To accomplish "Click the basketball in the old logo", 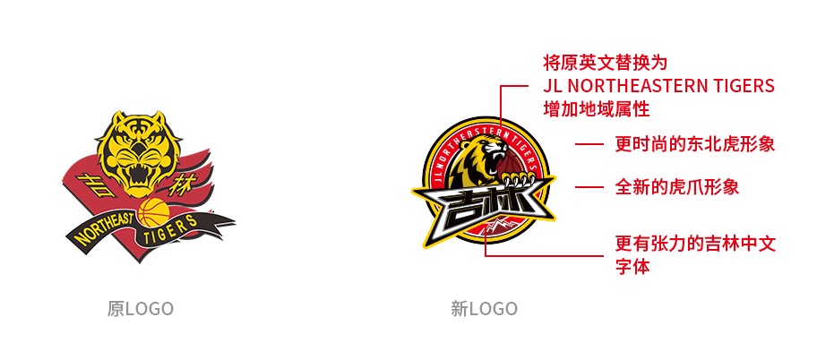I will [x=152, y=214].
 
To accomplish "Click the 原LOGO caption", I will [x=140, y=309].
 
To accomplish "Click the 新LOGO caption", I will [x=484, y=309].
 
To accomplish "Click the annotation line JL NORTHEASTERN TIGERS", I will [x=658, y=86].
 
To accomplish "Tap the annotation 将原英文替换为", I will [x=606, y=63].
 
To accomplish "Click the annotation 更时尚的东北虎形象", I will [x=694, y=143].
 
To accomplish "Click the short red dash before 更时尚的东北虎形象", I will [x=589, y=143].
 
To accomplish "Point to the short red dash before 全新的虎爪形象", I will [x=589, y=187].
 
